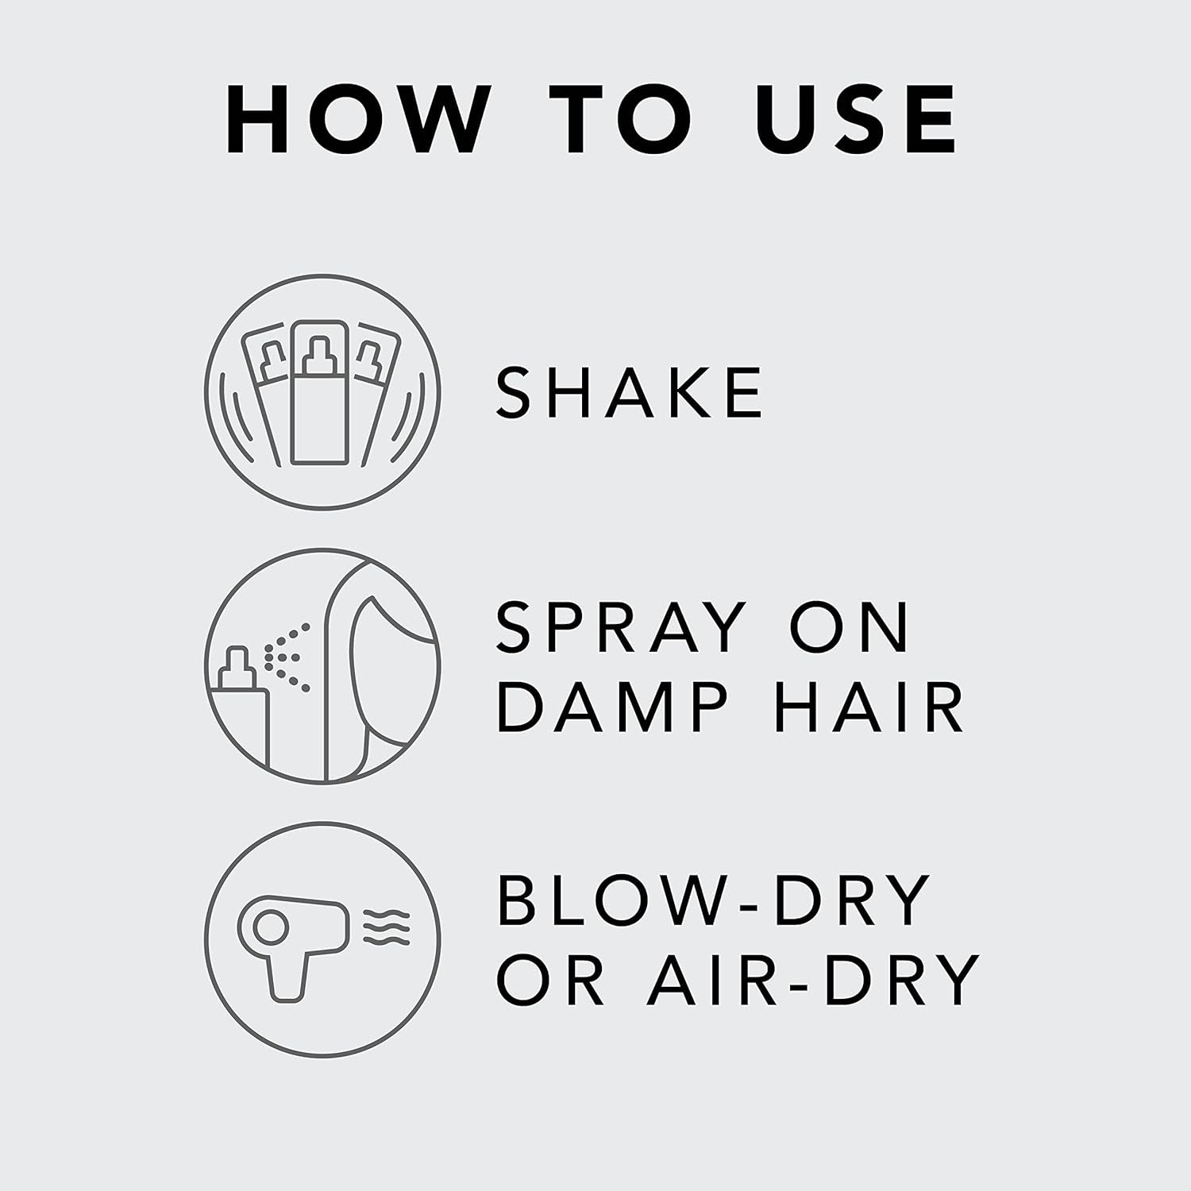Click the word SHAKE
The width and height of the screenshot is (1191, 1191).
tap(629, 392)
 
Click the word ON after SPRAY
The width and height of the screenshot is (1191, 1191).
tap(850, 627)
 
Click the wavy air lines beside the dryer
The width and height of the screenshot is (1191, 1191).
tap(387, 928)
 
